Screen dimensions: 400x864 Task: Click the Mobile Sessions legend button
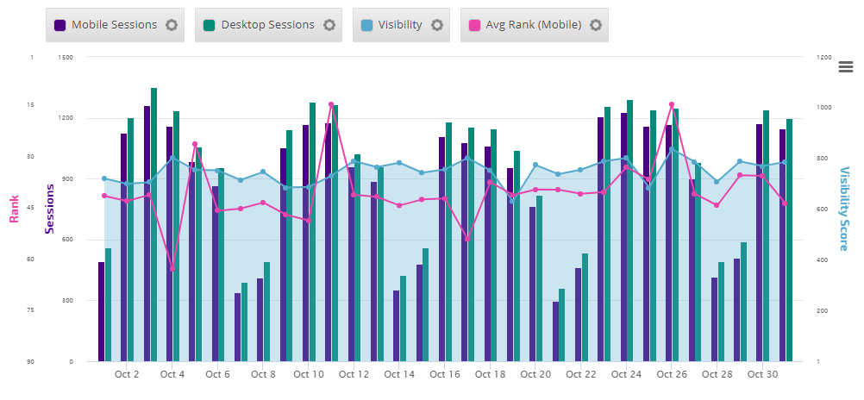(105, 25)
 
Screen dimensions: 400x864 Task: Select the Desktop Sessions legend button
(258, 25)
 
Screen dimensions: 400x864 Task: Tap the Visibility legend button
(393, 25)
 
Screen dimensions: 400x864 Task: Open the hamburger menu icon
(846, 67)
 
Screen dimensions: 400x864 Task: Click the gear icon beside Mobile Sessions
(172, 25)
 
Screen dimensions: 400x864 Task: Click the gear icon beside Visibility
(437, 25)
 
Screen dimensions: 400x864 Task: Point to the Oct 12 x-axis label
(354, 374)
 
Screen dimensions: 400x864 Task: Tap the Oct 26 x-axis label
(671, 374)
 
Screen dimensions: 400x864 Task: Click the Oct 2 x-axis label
(127, 374)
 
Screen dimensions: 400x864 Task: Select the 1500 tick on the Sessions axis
(66, 58)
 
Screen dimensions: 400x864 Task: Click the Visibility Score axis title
(844, 209)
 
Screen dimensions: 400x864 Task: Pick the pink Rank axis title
(14, 209)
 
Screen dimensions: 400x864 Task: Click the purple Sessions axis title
(50, 209)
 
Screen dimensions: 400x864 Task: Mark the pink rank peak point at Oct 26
(672, 105)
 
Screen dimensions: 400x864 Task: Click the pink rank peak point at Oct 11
(331, 105)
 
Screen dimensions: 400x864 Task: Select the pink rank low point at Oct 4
(172, 269)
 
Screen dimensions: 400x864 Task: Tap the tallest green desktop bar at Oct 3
(153, 224)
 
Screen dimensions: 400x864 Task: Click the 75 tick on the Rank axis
(31, 310)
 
